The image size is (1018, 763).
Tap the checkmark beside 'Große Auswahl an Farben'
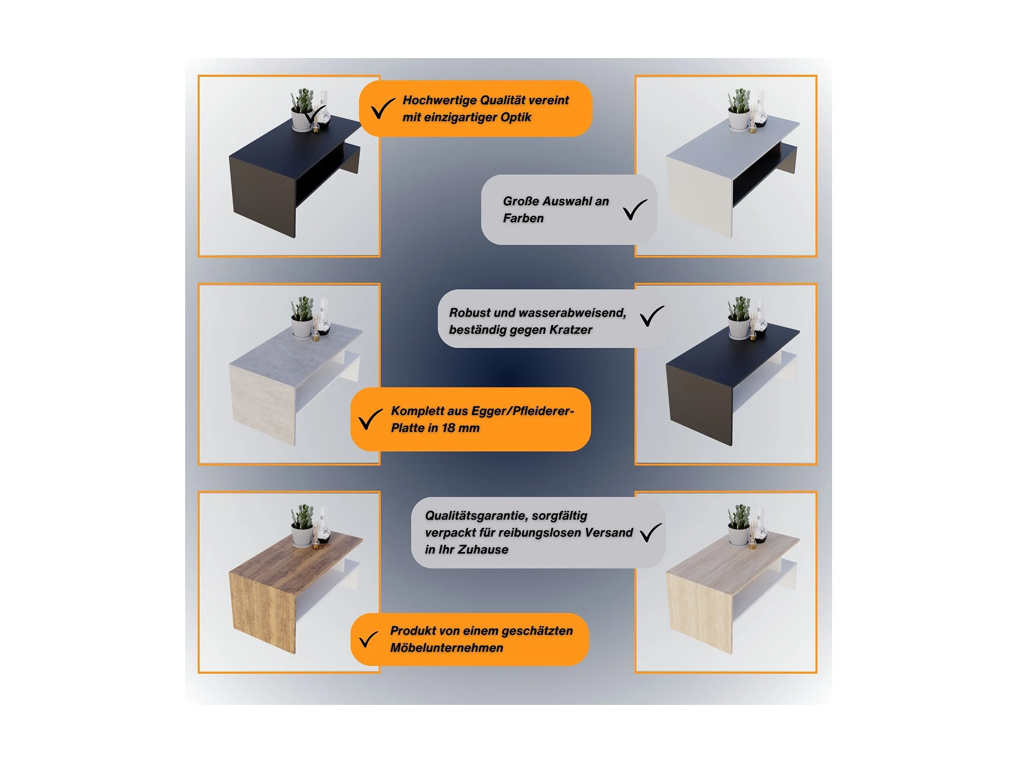[635, 209]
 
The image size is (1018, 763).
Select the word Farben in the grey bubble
[523, 218]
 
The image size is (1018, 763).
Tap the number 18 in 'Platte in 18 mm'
[448, 428]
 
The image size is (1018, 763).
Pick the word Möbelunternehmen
[447, 648]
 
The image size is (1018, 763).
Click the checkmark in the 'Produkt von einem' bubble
[368, 639]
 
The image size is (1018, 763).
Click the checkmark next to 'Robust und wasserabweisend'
[652, 316]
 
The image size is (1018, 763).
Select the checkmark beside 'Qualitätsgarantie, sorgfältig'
[651, 533]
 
